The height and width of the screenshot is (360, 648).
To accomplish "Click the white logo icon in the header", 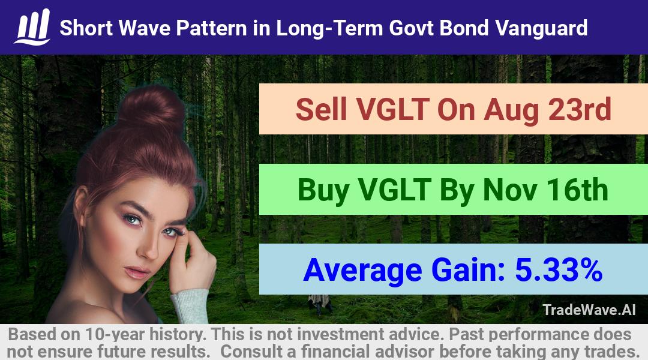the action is [x=32, y=27].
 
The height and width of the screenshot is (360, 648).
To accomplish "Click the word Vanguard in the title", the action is [x=541, y=28].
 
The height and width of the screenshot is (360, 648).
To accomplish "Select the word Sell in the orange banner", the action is [x=321, y=109].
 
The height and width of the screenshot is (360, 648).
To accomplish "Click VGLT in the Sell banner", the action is [x=392, y=109].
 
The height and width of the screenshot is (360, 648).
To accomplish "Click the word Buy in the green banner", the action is [x=323, y=191].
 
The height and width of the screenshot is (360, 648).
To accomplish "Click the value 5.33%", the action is [x=559, y=270].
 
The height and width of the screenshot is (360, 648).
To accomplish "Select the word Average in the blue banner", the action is [x=362, y=271].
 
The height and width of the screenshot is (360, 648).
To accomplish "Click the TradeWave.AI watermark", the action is [x=589, y=310].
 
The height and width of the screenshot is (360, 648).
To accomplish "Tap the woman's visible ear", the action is [x=82, y=206].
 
